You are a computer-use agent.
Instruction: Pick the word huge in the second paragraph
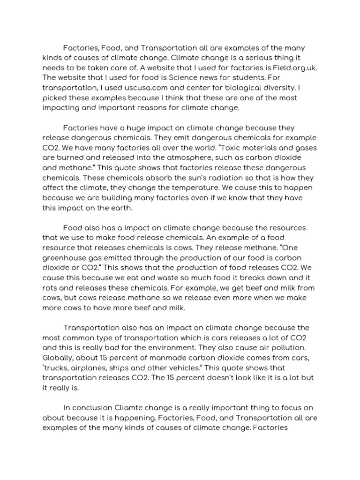(x=126, y=128)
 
